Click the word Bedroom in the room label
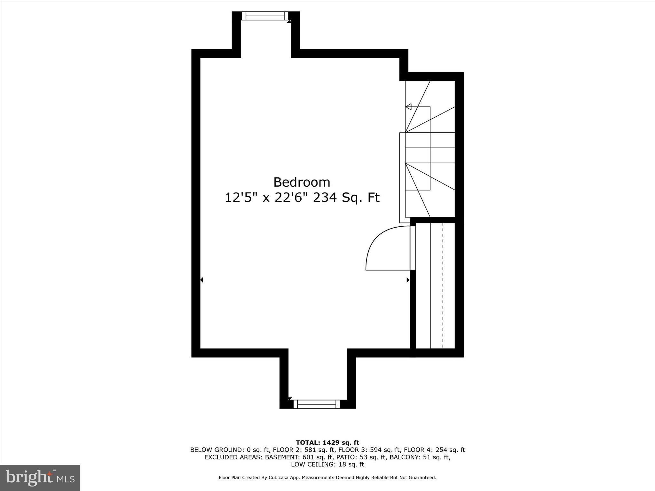click(302, 182)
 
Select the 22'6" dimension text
click(289, 198)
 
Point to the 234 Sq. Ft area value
click(346, 198)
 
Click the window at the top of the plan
click(265, 16)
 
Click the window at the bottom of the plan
click(317, 404)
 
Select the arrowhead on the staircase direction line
click(408, 107)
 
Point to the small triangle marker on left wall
click(201, 280)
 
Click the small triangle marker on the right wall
click(408, 280)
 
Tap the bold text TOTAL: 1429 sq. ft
click(327, 443)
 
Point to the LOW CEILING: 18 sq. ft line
click(327, 464)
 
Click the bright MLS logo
click(40, 478)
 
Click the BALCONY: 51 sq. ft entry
click(420, 457)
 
